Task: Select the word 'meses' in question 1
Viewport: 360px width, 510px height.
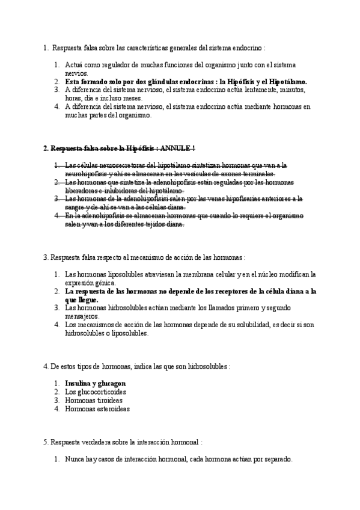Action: point(132,98)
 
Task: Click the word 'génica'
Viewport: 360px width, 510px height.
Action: point(108,283)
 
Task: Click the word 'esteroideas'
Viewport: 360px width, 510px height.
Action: point(112,408)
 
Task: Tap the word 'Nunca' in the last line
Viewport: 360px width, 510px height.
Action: point(75,459)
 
